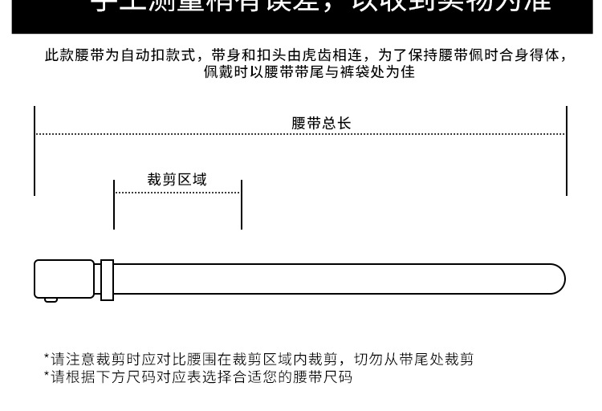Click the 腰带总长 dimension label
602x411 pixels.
point(321,123)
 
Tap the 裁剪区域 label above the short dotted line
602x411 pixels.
point(177,179)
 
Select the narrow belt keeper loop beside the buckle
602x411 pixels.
point(107,278)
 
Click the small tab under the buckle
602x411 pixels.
point(51,299)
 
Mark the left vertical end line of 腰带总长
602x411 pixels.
point(35,150)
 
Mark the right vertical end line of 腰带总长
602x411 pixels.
point(567,150)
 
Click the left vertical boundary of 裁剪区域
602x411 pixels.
point(114,205)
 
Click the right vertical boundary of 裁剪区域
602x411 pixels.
point(242,205)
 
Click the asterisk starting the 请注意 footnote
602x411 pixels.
point(47,357)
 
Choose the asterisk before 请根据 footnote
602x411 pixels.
point(47,374)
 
